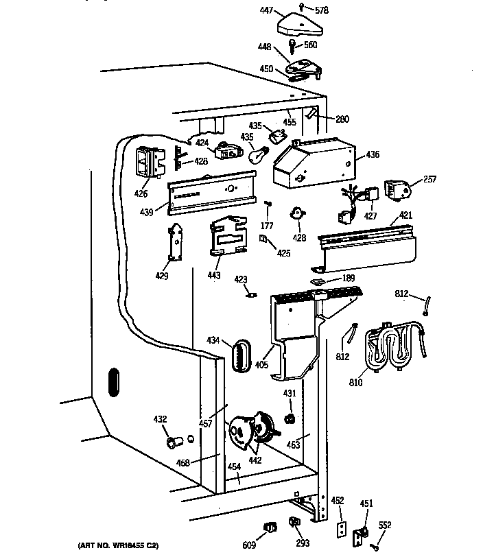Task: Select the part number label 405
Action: click(x=261, y=365)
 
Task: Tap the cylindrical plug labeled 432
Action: click(x=176, y=440)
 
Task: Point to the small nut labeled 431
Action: click(x=290, y=418)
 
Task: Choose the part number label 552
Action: click(x=386, y=525)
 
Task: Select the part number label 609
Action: click(x=248, y=545)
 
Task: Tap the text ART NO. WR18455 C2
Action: click(x=118, y=545)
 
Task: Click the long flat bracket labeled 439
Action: click(x=213, y=194)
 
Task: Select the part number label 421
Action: click(x=406, y=217)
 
